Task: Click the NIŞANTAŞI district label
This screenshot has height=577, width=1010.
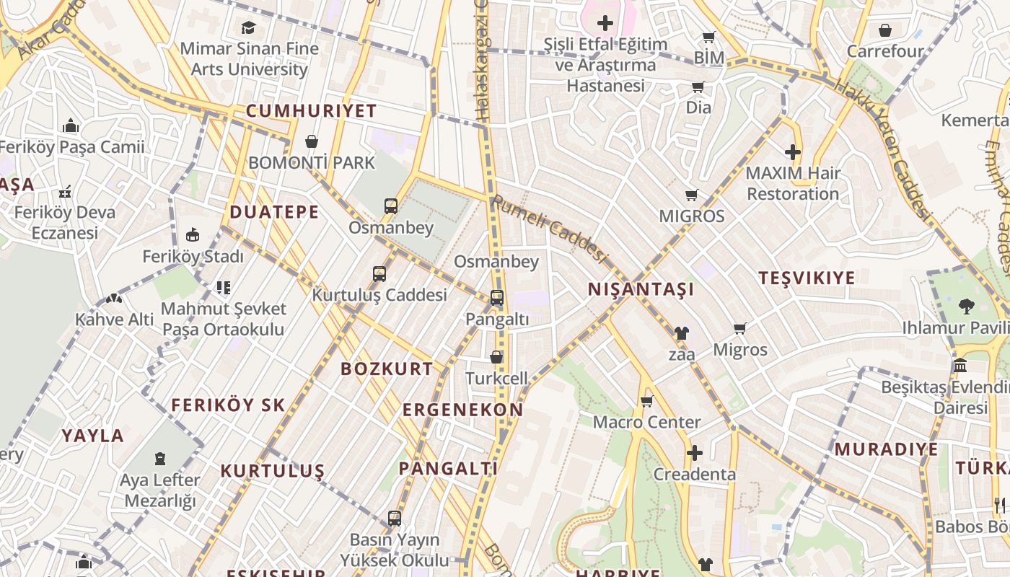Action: point(641,289)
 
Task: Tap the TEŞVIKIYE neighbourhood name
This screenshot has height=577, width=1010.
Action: point(807,278)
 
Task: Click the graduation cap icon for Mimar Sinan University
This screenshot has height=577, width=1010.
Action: point(249,27)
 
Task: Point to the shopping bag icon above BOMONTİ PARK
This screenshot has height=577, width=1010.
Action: point(312,141)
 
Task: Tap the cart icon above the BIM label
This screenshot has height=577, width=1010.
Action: point(709,37)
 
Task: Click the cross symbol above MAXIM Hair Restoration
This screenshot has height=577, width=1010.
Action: point(793,152)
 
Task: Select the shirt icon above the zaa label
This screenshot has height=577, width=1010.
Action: point(681,333)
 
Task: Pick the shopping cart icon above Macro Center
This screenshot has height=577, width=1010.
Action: point(646,401)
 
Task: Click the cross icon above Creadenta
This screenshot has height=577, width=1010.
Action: point(695,453)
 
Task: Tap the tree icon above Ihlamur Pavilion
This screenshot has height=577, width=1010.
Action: point(966,307)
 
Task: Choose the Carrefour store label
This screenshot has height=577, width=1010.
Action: point(885,51)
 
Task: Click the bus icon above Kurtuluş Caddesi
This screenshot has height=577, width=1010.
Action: point(379,274)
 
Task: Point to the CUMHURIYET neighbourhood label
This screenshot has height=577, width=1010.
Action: point(311,111)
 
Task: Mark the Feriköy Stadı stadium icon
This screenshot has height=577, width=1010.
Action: point(193,235)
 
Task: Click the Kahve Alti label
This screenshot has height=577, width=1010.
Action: point(115,319)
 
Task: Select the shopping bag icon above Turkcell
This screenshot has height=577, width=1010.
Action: point(496,357)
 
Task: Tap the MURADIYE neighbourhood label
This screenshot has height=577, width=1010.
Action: point(886,449)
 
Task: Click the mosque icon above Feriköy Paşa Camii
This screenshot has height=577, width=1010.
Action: point(71,126)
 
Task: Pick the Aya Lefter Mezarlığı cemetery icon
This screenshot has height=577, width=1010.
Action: point(160,458)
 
